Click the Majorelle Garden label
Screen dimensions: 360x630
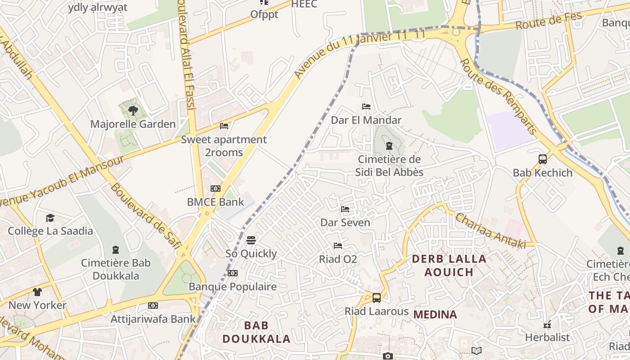133,124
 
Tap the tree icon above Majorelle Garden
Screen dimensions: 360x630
133,110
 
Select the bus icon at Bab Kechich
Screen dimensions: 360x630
543,159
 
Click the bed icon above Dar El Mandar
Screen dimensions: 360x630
366,107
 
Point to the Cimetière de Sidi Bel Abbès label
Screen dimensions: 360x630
389,166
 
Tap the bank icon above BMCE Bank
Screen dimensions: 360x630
216,189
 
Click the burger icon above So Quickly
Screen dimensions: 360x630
251,240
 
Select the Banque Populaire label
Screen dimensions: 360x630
233,287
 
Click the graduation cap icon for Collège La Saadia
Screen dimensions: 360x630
50,218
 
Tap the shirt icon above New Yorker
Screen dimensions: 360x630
37,292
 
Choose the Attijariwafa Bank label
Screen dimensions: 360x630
153,319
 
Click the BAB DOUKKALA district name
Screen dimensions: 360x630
256,332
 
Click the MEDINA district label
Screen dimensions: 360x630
435,314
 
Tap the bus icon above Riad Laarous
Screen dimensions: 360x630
377,297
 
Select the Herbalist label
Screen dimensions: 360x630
547,337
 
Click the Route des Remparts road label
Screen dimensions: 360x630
498,96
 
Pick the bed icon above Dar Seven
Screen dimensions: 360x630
345,209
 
